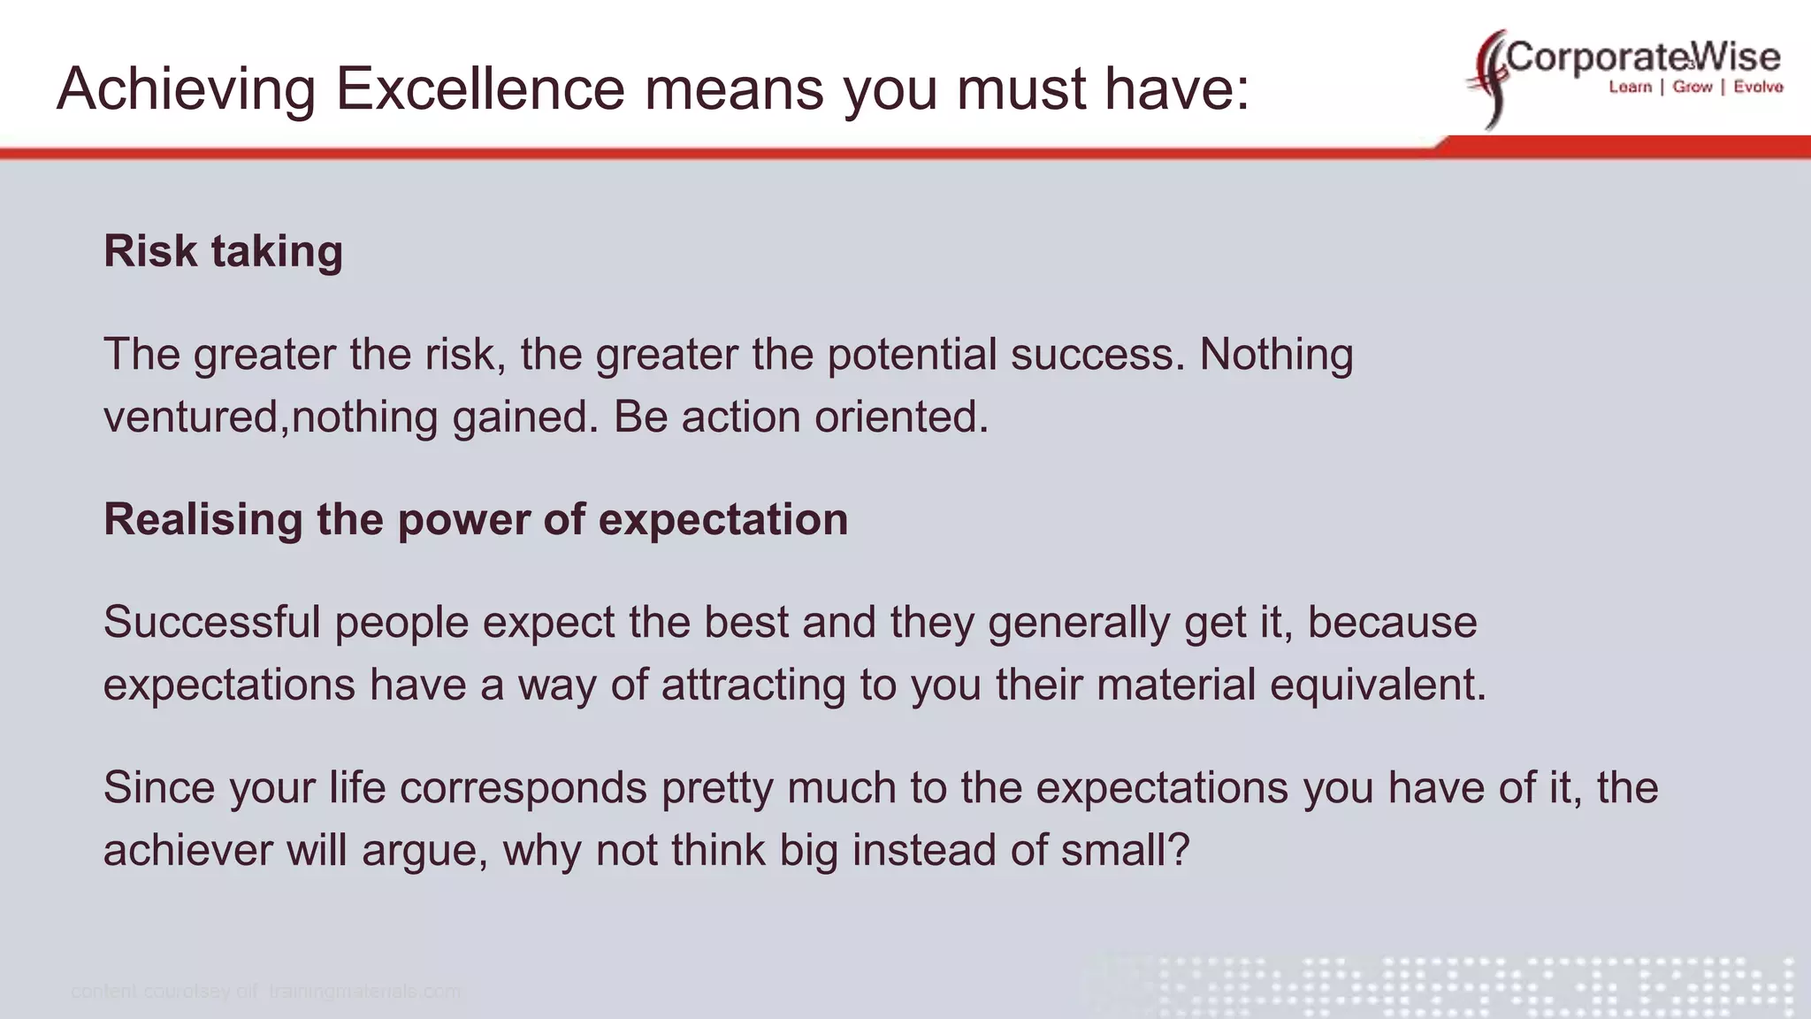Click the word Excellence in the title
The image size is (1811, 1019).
tap(479, 88)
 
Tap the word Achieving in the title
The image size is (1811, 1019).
tap(186, 88)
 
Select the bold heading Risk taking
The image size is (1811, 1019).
tap(223, 251)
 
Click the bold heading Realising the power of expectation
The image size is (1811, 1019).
tap(476, 519)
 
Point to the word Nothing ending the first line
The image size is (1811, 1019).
tap(1275, 355)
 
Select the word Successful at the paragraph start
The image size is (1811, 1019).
tap(211, 622)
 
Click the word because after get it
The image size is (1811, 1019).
tap(1392, 622)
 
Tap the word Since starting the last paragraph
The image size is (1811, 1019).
tap(159, 787)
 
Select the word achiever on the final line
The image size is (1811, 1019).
tap(187, 850)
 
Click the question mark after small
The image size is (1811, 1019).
tap(1180, 850)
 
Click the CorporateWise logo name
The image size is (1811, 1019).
tap(1643, 57)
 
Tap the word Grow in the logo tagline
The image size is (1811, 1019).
tap(1692, 87)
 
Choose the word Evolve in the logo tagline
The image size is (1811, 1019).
tap(1758, 87)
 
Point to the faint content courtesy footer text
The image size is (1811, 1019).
tap(265, 992)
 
